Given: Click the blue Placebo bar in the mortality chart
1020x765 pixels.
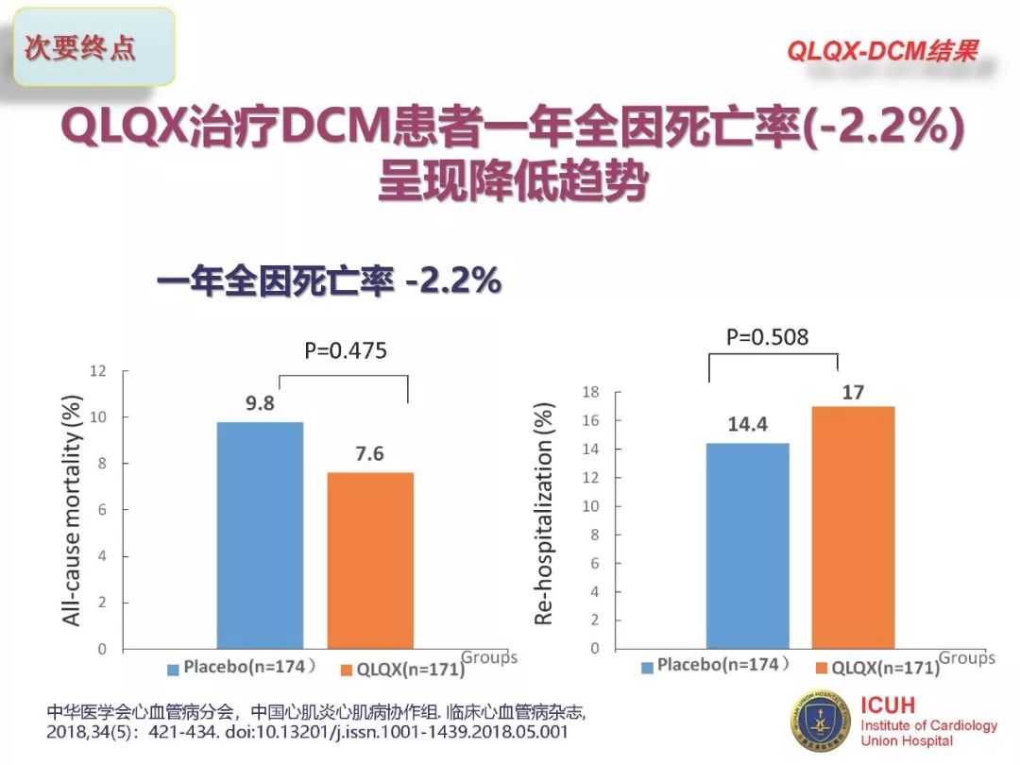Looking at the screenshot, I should point(260,535).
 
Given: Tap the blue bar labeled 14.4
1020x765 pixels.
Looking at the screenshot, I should point(747,545).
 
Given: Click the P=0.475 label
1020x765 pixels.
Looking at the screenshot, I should point(346,351).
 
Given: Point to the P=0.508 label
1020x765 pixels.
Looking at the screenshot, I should point(767,336).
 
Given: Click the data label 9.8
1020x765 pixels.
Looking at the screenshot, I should point(261,404).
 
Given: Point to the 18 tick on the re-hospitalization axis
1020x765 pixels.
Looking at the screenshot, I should point(591,392).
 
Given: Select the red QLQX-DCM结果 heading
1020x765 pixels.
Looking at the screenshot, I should point(882,51).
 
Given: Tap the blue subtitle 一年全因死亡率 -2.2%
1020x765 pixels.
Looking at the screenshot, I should point(329,281).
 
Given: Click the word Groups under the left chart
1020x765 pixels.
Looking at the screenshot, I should point(489,657).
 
